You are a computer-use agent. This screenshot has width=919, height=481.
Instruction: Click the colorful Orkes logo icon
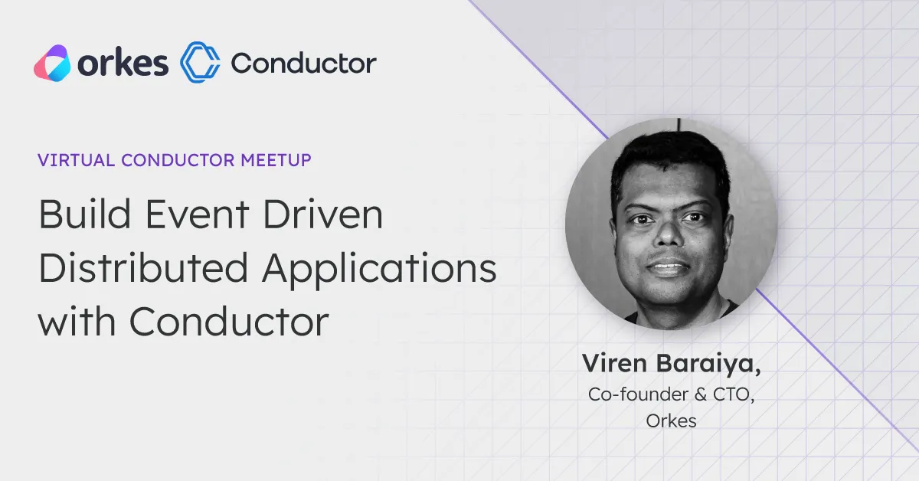click(x=52, y=64)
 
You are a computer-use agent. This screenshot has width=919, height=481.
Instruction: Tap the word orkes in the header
click(x=123, y=64)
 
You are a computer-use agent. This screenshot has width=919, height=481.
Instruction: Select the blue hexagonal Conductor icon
click(x=200, y=62)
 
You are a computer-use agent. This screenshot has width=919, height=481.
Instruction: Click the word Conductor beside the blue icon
click(x=303, y=64)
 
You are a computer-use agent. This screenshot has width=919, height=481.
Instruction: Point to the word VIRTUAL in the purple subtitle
click(x=77, y=160)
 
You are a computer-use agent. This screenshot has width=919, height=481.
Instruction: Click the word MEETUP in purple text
click(x=276, y=160)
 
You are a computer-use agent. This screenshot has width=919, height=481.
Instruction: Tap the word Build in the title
click(x=84, y=214)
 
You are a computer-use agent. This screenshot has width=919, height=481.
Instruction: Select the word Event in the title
click(x=197, y=214)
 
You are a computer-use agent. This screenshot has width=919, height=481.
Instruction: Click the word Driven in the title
click(x=323, y=214)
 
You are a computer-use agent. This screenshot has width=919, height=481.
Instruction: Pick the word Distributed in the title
click(x=143, y=267)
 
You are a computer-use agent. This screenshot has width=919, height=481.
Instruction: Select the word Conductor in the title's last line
click(x=229, y=322)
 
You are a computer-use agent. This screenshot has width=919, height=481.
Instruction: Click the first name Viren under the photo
click(x=614, y=363)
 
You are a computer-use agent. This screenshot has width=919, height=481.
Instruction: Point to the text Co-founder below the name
click(x=638, y=394)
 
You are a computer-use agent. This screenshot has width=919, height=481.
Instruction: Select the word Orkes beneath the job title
click(x=671, y=421)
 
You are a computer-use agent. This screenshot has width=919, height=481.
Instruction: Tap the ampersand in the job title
click(x=701, y=394)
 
